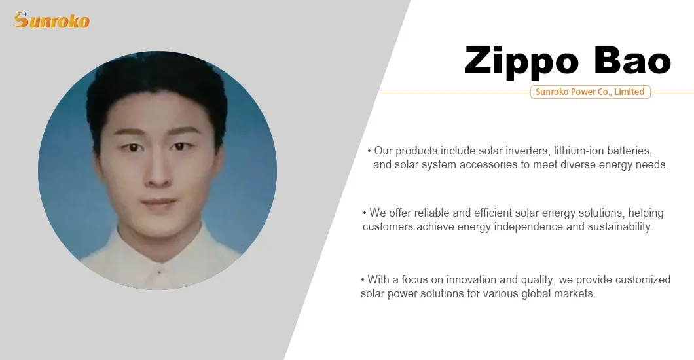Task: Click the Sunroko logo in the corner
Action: pos(51,20)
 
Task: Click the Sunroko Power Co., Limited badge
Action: pos(590,92)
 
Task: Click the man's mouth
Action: pos(158,204)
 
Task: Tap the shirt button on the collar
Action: pos(158,268)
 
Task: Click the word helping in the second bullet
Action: pos(646,213)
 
